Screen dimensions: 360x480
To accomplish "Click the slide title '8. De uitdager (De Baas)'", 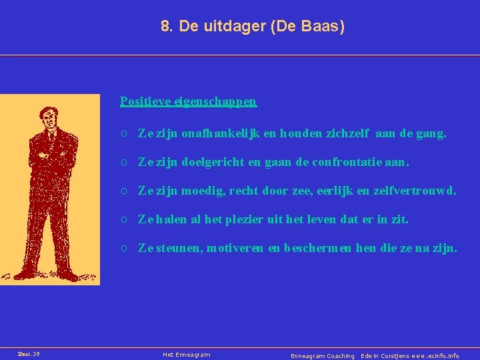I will (x=253, y=27).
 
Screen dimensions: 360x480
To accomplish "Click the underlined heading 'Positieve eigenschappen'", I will (x=188, y=102).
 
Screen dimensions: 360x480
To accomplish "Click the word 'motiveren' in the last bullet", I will (x=235, y=249).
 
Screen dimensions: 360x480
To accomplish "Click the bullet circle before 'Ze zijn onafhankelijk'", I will (x=125, y=134).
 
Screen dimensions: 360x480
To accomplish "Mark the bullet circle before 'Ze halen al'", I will (x=125, y=219).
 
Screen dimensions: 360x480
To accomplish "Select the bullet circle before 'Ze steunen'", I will (x=125, y=249).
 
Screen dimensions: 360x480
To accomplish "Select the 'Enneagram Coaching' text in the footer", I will (x=323, y=356).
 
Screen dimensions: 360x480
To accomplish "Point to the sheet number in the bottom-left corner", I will (x=29, y=355).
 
